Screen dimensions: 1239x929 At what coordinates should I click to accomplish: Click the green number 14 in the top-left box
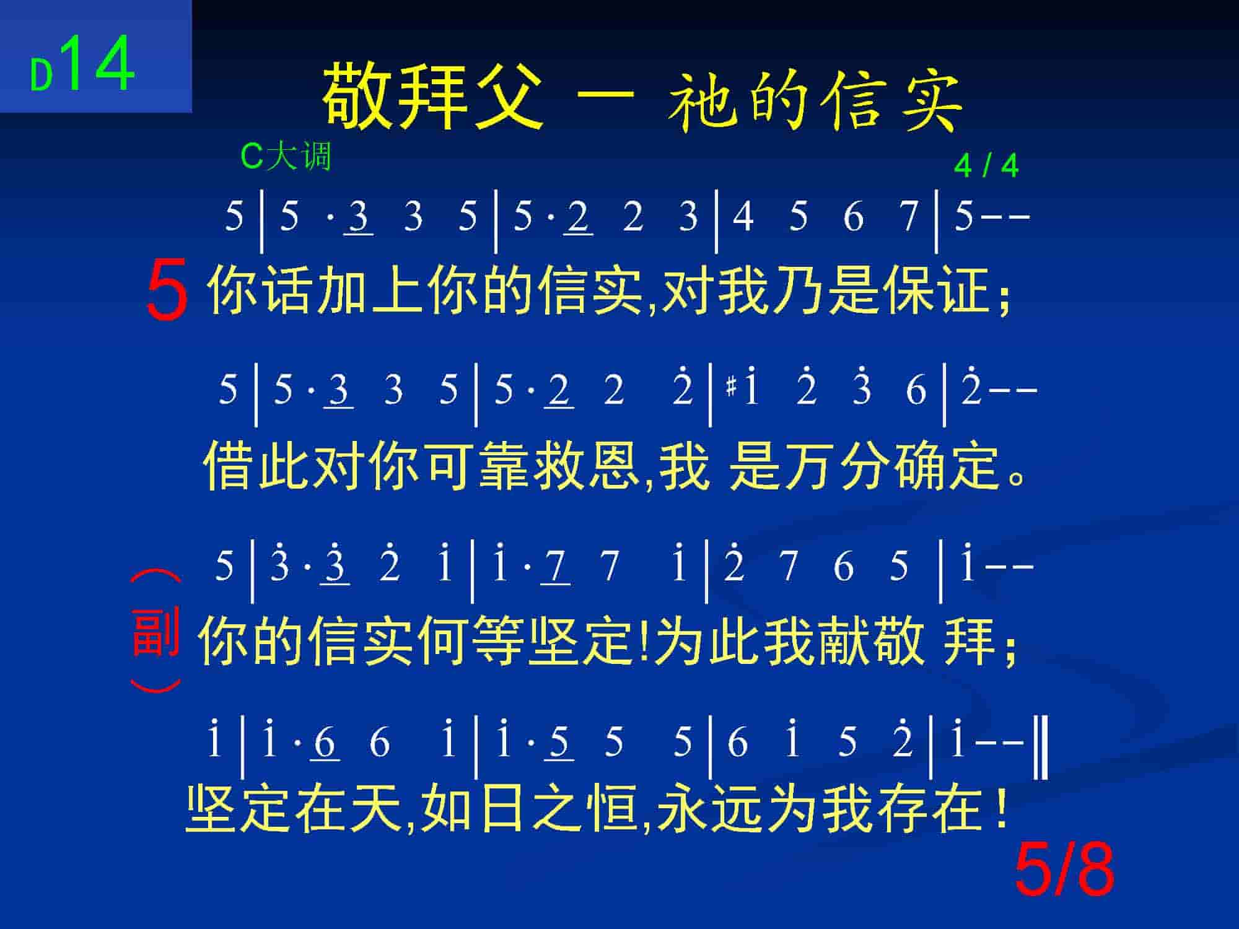(x=98, y=64)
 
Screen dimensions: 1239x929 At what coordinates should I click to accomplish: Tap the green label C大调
(x=286, y=156)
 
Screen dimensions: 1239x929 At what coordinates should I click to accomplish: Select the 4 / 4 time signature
(x=986, y=166)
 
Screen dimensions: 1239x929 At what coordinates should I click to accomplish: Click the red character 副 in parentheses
(x=156, y=632)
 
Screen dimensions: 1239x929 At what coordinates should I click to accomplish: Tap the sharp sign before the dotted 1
(x=732, y=388)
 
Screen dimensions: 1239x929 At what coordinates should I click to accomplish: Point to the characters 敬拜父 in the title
(x=432, y=96)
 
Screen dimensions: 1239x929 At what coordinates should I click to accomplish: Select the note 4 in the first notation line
(x=743, y=217)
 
